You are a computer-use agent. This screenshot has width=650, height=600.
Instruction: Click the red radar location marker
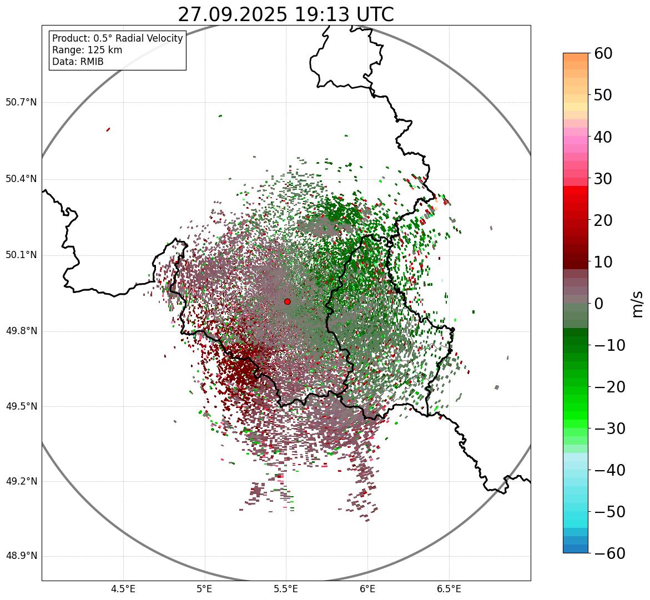pyautogui.click(x=287, y=301)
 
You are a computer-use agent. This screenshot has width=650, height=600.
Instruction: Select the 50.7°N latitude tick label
pyautogui.click(x=21, y=102)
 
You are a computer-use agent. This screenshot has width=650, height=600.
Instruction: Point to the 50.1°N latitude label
pyautogui.click(x=21, y=255)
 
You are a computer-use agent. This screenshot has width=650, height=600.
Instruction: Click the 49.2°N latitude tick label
pyautogui.click(x=21, y=481)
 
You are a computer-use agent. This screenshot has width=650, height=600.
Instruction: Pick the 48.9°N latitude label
pyautogui.click(x=21, y=556)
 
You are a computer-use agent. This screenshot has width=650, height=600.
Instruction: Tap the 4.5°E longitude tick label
pyautogui.click(x=123, y=589)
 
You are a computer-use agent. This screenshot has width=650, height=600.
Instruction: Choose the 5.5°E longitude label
pyautogui.click(x=286, y=589)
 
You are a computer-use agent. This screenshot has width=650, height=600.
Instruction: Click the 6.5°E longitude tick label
pyautogui.click(x=449, y=589)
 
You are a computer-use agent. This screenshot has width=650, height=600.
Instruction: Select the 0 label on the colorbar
pyautogui.click(x=599, y=304)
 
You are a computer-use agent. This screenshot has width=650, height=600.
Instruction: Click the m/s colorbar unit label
pyautogui.click(x=638, y=304)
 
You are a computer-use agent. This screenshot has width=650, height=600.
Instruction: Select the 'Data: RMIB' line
pyautogui.click(x=78, y=62)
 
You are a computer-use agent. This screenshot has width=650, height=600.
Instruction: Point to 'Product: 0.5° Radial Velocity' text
pyautogui.click(x=117, y=38)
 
